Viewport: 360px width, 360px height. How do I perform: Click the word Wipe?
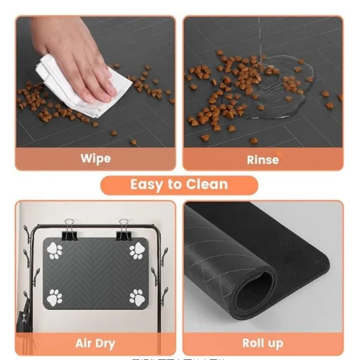point(95,158)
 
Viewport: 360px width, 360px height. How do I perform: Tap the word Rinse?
point(263,159)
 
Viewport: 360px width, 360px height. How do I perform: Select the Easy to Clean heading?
point(179,184)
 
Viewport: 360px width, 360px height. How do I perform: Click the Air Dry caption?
point(95,344)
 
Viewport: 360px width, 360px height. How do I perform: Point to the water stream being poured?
point(260,40)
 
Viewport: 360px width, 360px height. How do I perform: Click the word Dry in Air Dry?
point(106,344)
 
